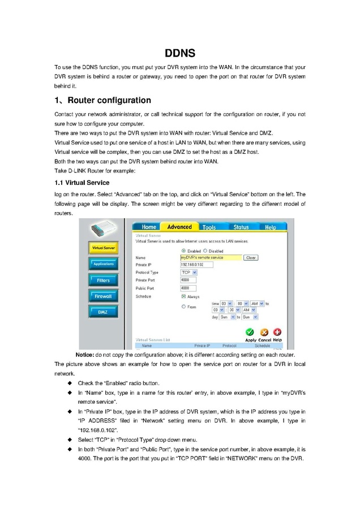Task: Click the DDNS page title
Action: [180, 54]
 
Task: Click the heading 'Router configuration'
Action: [102, 101]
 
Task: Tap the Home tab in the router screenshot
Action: [149, 227]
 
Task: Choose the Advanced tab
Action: [179, 227]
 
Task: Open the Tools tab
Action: [209, 227]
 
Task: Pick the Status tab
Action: [241, 227]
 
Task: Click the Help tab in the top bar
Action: [271, 227]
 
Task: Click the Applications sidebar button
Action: [104, 264]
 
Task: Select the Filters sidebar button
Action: [104, 280]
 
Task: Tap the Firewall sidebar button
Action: [104, 296]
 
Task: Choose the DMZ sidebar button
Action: [104, 312]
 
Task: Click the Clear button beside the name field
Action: [251, 257]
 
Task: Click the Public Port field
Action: [188, 288]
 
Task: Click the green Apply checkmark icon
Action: [250, 333]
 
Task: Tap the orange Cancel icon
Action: [264, 333]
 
